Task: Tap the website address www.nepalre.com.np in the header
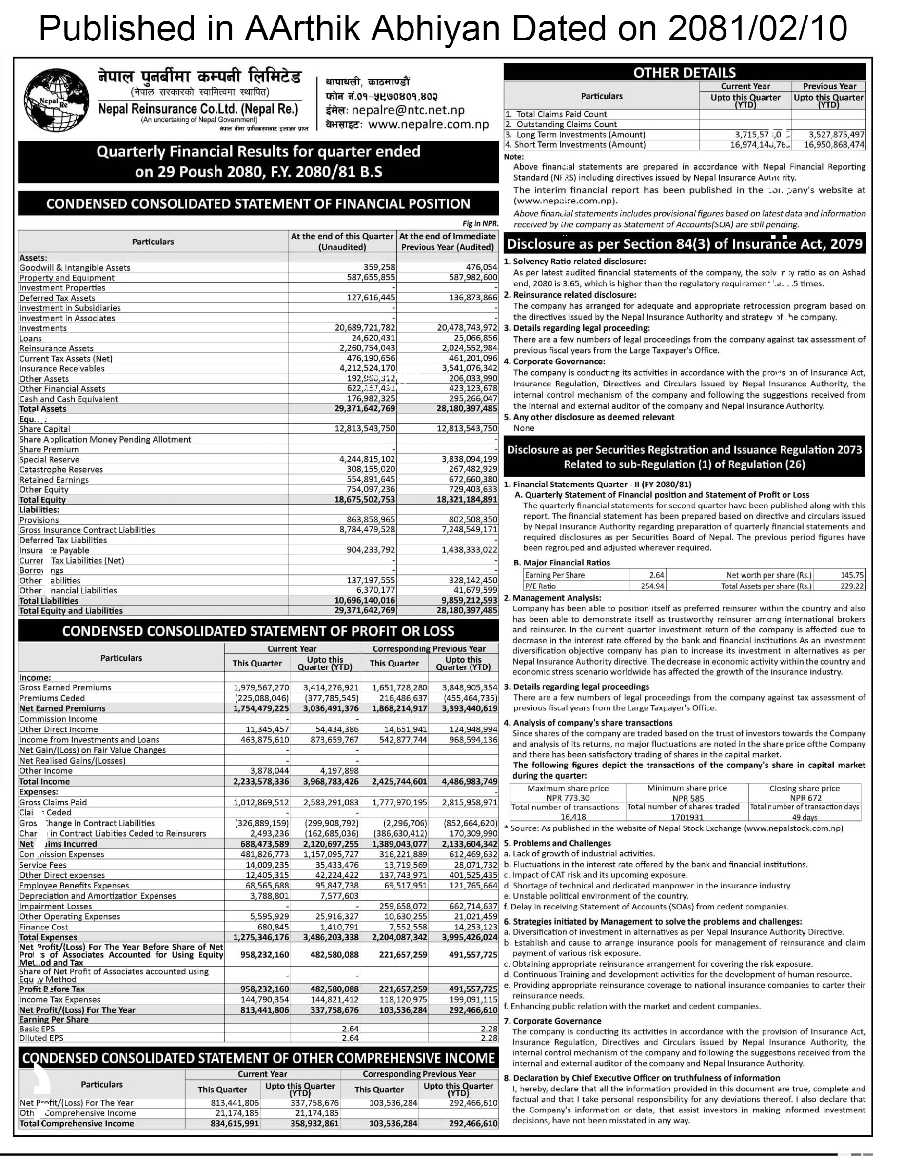[x=429, y=125]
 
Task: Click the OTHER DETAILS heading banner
[x=685, y=72]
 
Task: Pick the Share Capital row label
[x=44, y=429]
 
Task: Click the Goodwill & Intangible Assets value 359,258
[x=379, y=267]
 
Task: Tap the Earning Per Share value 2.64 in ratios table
[x=656, y=575]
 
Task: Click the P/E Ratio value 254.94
[x=652, y=586]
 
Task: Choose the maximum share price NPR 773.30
[x=568, y=798]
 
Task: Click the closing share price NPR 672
[x=805, y=798]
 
